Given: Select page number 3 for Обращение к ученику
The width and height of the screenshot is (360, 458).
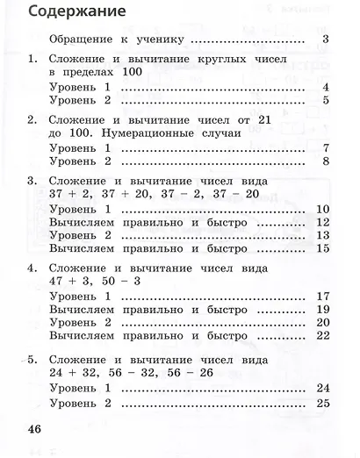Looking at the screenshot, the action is pos(325,39).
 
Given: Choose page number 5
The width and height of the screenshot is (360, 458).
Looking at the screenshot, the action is pos(325,101).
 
